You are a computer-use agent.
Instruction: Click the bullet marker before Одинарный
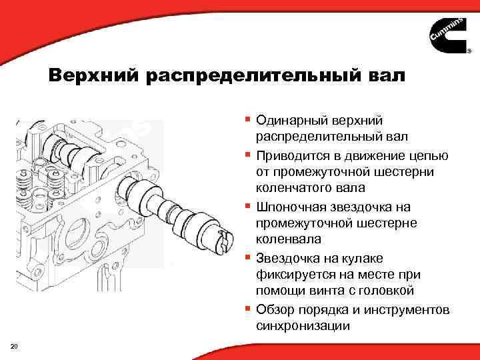pos(248,120)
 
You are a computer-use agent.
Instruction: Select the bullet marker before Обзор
pos(248,309)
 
